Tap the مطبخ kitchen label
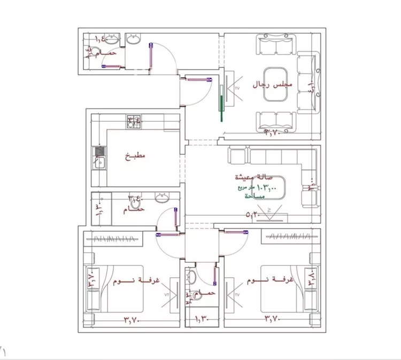[135, 156]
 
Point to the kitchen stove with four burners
[134, 122]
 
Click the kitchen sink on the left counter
[99, 159]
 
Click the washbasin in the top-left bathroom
[112, 38]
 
